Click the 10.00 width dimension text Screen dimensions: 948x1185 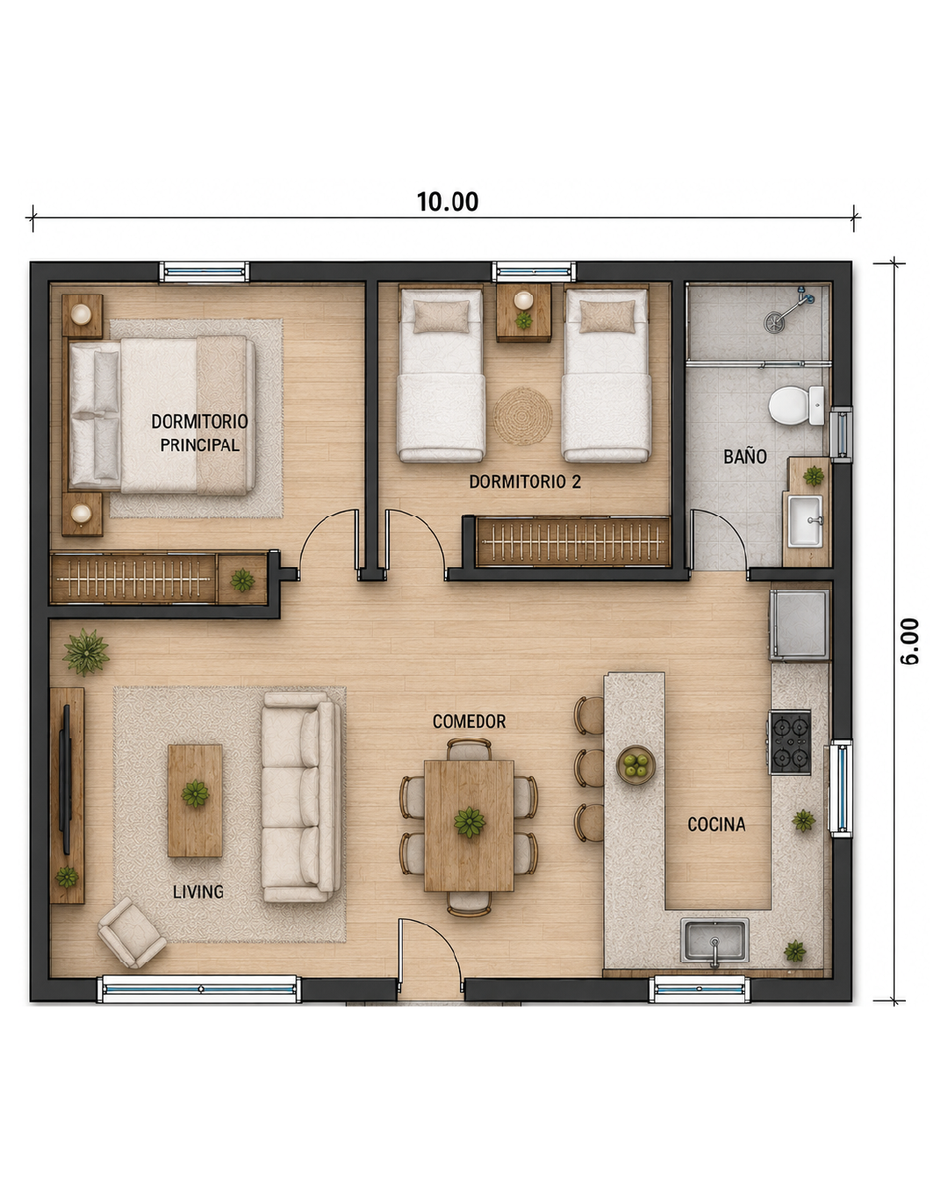(448, 202)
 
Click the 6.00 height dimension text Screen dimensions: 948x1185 (909, 641)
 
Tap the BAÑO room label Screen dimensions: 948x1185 (744, 456)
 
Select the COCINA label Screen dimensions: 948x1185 (716, 824)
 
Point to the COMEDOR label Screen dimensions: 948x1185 (469, 722)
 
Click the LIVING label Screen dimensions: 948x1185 (198, 892)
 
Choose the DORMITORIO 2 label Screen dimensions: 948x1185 (525, 482)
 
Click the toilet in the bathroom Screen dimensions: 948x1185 (796, 406)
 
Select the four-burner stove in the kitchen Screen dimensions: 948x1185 (790, 743)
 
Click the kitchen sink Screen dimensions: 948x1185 (715, 940)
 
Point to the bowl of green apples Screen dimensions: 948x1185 (636, 765)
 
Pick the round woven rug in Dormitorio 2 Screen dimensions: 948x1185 (522, 416)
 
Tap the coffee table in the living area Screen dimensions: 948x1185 (195, 801)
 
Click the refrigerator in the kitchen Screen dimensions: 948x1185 (800, 624)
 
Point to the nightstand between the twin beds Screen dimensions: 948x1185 (523, 312)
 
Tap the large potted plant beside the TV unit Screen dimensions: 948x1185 (85, 652)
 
